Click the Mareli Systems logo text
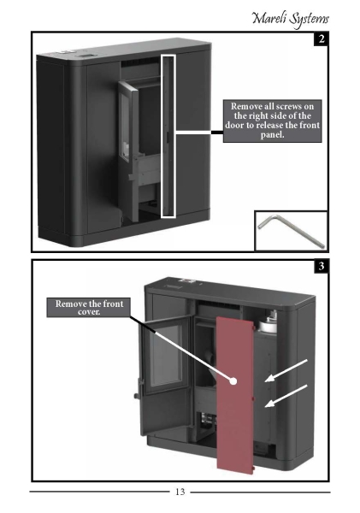290,19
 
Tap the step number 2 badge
321,39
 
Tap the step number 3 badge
321,266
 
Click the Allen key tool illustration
291,231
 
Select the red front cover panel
235,394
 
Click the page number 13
180,492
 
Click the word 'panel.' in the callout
272,135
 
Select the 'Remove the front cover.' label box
89,307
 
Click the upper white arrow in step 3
286,371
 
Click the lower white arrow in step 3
286,396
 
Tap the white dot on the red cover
233,380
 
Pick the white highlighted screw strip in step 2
168,135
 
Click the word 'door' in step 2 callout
234,126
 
